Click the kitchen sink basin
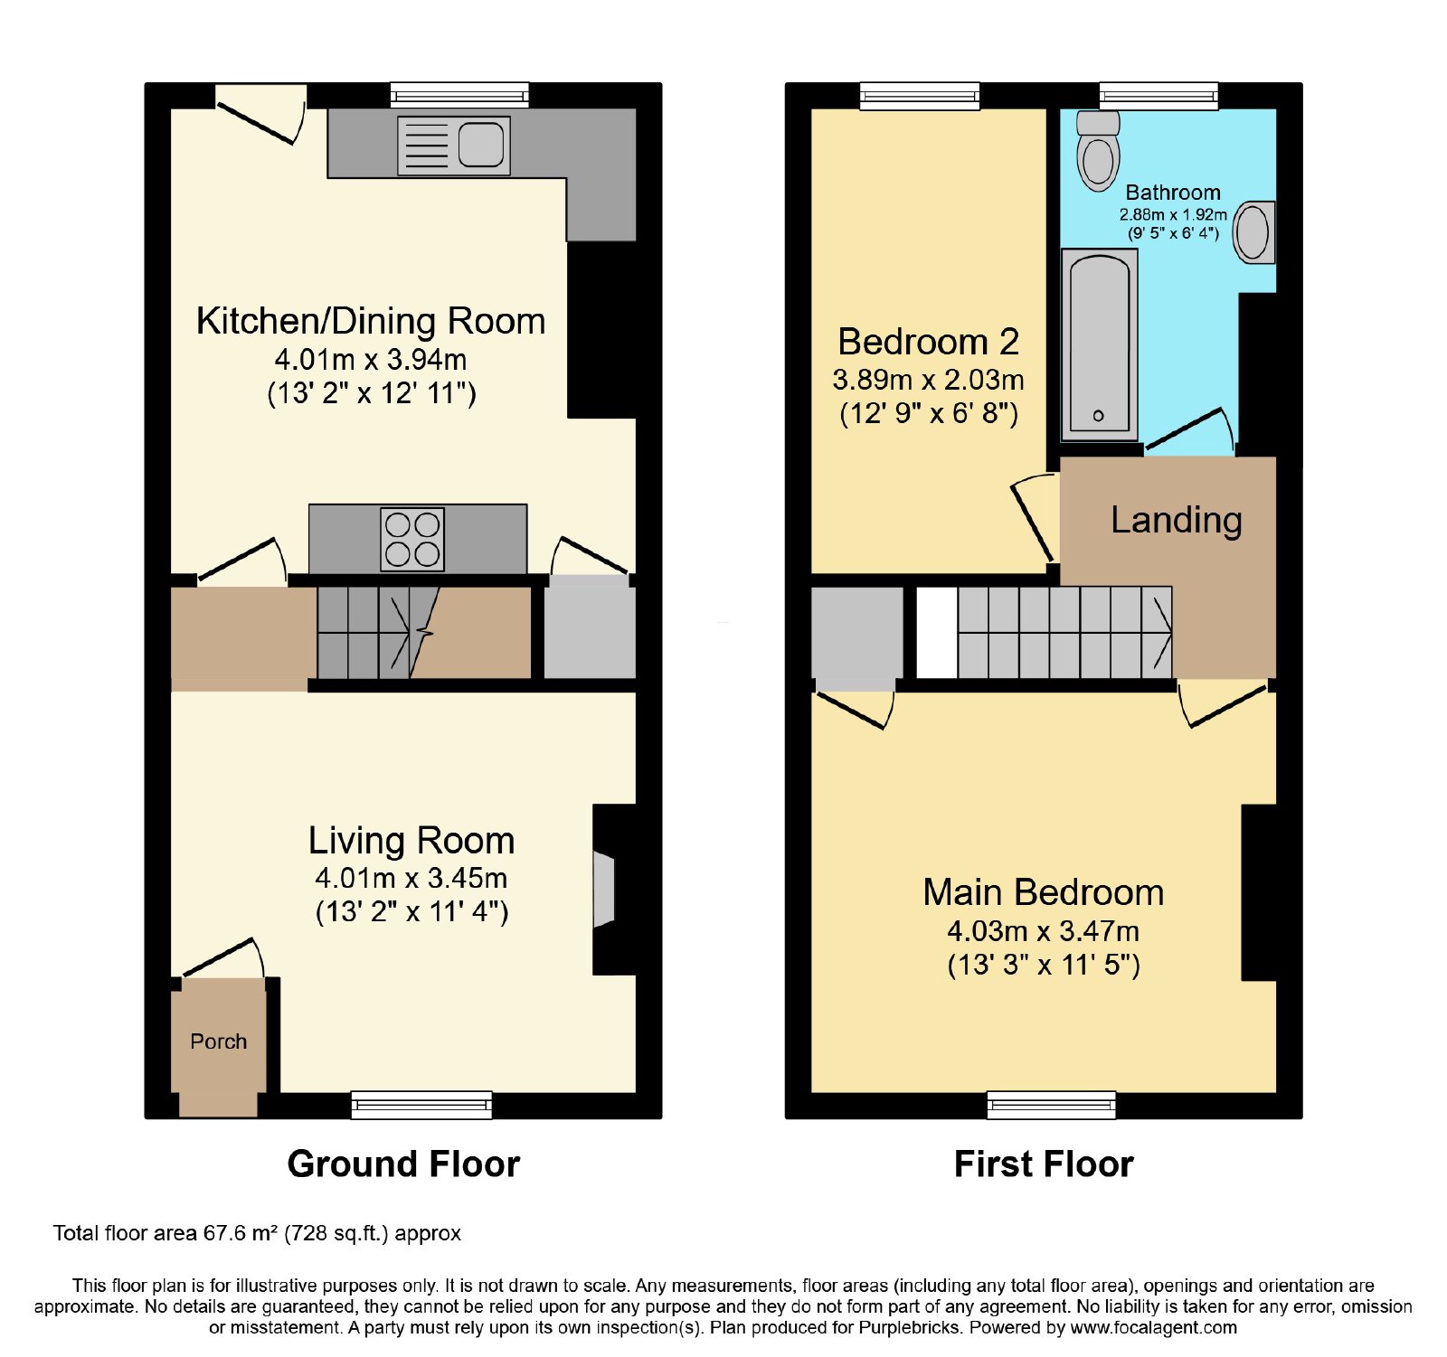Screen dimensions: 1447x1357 coord(480,145)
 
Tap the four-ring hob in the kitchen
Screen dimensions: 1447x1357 coord(412,540)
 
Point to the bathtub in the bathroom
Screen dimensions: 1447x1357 coord(1099,344)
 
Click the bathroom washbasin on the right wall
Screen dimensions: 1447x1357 coord(1254,232)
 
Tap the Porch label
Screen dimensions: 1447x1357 coord(219,1041)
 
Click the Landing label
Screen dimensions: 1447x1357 coord(1177,521)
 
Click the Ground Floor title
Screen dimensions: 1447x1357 coord(403,1164)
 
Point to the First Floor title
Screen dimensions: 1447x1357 coord(1044,1164)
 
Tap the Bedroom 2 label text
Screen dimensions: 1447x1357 coord(929,342)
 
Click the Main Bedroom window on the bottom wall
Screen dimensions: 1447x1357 coord(1051,1105)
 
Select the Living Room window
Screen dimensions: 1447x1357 coord(421,1105)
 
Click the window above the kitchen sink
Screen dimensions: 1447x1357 coord(459,96)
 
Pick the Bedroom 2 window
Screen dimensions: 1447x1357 coord(920,96)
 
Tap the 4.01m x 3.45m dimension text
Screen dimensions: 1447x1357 coord(411,878)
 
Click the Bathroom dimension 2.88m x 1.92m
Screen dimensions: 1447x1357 coord(1173,214)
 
